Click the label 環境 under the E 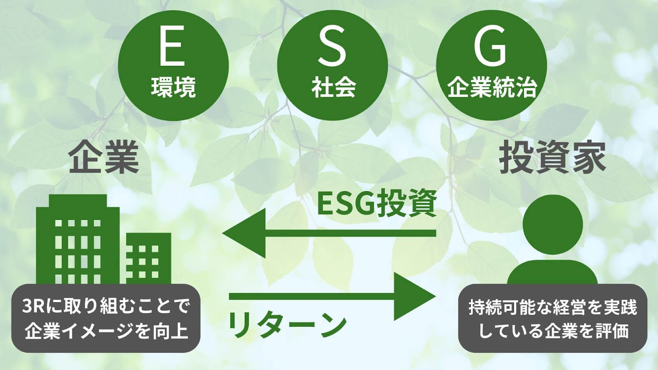173,87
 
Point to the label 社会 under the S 334,87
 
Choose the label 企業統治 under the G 492,87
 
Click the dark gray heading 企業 103,157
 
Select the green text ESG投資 377,203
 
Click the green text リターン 288,325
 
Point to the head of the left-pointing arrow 244,234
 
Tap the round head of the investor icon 553,224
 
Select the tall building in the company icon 78,239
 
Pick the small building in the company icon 148,259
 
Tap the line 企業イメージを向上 106,331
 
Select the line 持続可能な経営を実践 553,307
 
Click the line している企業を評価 553,331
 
